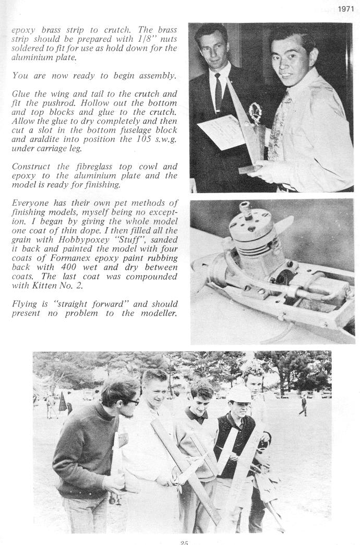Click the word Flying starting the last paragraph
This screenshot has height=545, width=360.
24,304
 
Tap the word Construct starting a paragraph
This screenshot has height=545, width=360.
32,167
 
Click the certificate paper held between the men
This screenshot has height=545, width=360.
219,132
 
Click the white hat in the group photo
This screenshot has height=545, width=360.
239,393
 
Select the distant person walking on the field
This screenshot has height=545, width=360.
303,405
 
